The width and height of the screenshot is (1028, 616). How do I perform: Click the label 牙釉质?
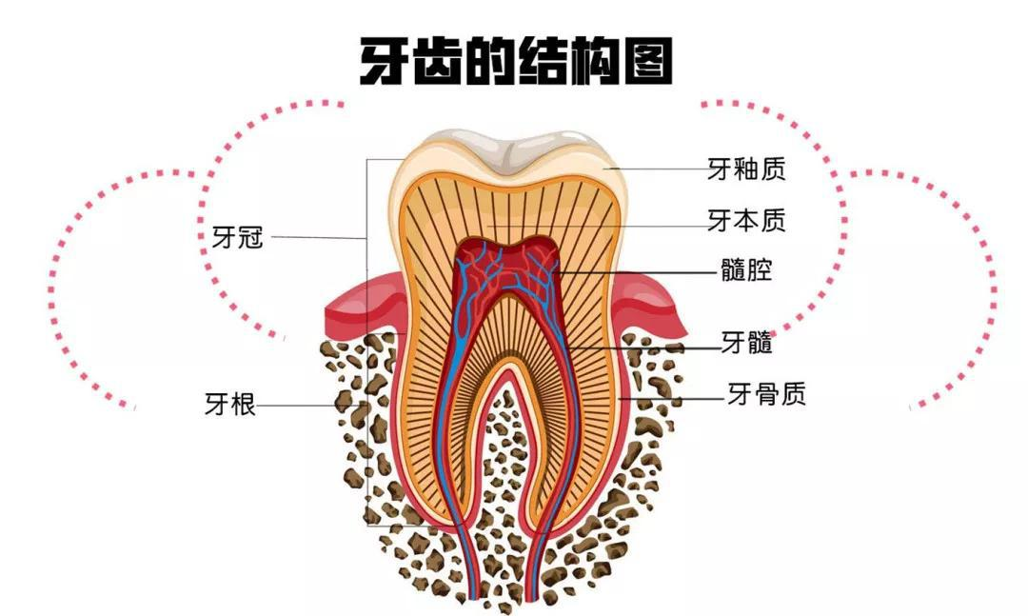coord(747,170)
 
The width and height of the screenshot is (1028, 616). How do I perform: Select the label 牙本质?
coord(747,222)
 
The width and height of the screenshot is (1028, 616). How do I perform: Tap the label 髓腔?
coord(747,270)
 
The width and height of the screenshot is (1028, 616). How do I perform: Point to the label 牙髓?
coord(747,344)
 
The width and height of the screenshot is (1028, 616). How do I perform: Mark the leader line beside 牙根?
coord(309,406)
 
